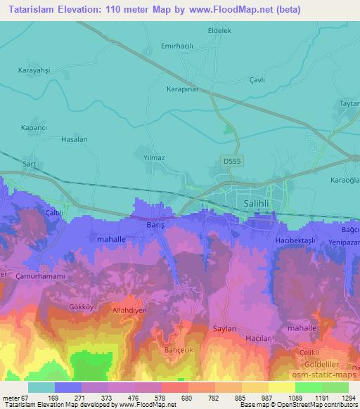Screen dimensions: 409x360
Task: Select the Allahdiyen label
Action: pyautogui.click(x=131, y=309)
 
